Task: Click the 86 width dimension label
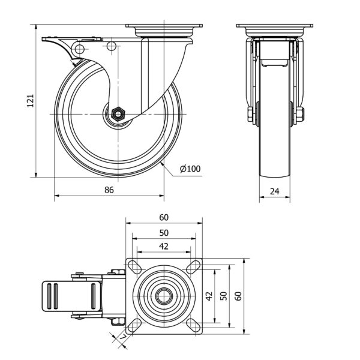click(109, 190)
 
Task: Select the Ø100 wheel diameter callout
click(190, 169)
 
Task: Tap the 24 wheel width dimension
click(274, 191)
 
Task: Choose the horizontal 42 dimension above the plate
click(164, 246)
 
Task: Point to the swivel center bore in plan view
click(164, 296)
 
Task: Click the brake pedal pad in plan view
click(53, 296)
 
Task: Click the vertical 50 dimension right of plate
click(223, 296)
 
